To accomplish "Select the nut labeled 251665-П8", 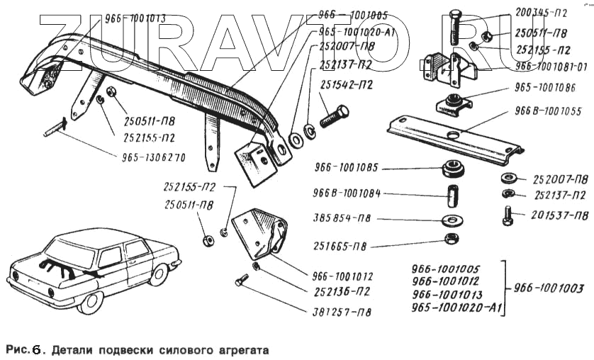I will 450,238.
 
